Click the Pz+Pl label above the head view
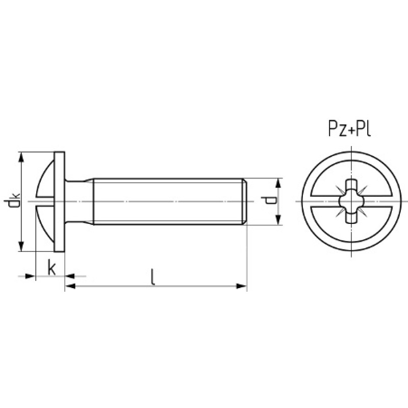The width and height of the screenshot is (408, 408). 349,129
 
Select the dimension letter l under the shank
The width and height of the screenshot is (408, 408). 154,277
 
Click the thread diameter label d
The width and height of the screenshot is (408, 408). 269,200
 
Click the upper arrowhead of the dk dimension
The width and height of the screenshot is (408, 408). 21,158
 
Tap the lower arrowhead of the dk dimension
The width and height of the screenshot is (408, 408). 21,246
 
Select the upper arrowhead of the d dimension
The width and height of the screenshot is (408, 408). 278,184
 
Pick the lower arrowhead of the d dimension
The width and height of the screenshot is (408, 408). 278,220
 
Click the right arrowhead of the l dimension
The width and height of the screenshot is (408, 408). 241,287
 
